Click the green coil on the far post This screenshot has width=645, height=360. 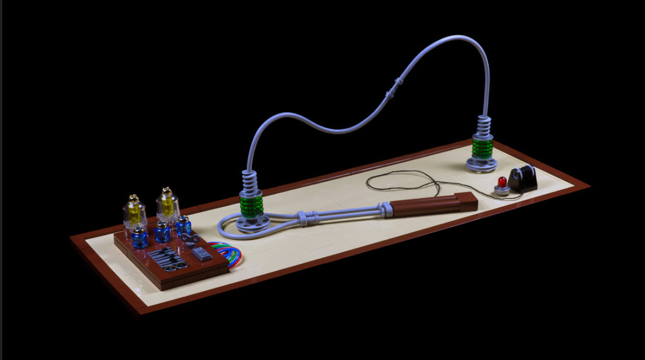tap(482, 147)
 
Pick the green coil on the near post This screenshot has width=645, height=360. tap(252, 204)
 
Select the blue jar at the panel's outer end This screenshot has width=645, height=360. tap(139, 237)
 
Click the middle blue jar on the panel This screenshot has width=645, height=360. tap(162, 232)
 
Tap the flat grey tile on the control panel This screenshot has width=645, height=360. tap(201, 253)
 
